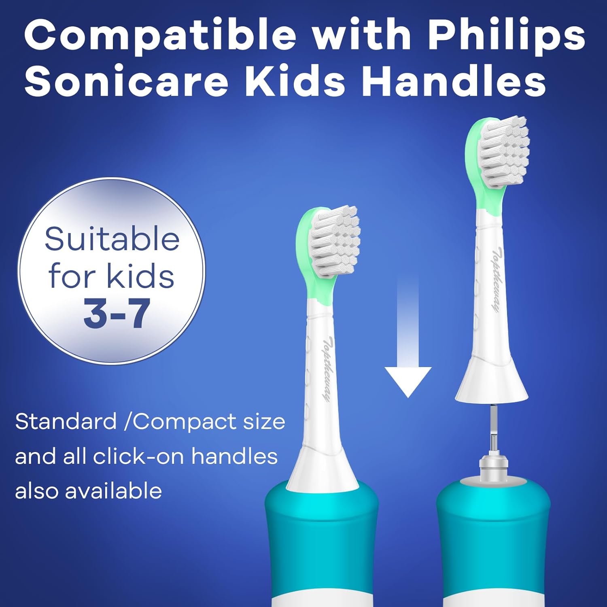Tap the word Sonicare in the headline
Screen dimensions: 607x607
[x=126, y=82]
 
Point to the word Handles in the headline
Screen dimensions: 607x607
[x=454, y=82]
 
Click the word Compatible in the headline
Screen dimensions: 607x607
[x=160, y=36]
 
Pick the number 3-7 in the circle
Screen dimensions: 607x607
[x=117, y=314]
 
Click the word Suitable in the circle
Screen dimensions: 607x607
[x=112, y=240]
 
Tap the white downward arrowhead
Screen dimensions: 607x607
[x=408, y=380]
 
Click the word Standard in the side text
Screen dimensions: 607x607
[x=66, y=422]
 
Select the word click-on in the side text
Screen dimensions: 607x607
[x=140, y=456]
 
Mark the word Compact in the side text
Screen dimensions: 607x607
[x=185, y=422]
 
